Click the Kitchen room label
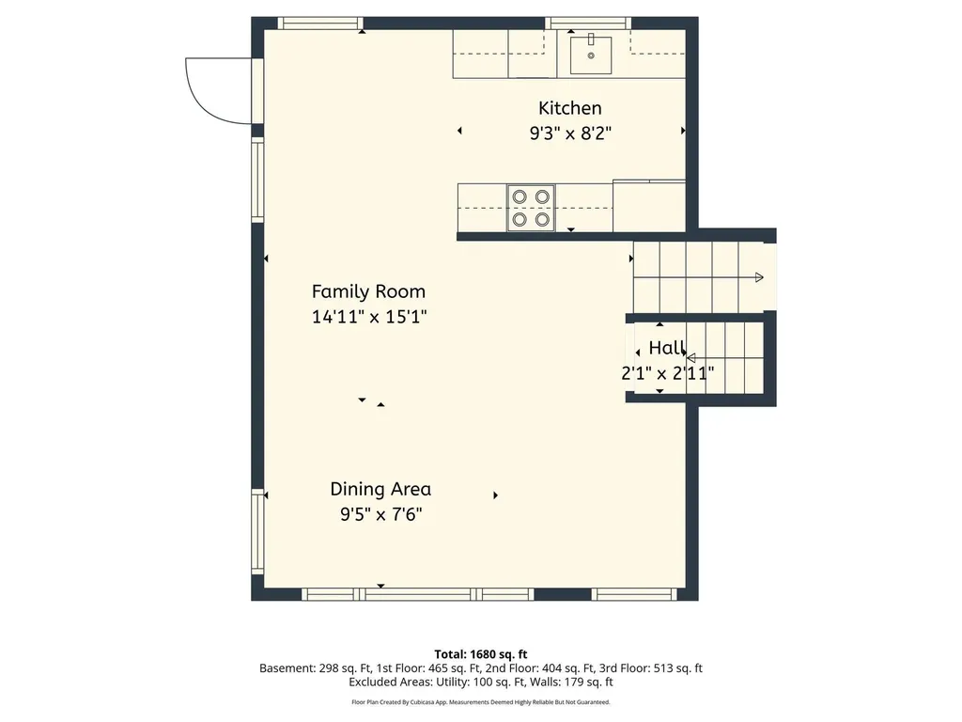[x=570, y=108]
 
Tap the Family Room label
[x=368, y=291]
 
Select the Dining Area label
[x=380, y=489]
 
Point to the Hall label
[x=667, y=348]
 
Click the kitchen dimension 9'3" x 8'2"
[x=570, y=133]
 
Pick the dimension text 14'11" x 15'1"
[x=369, y=317]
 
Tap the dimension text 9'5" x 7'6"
[x=381, y=514]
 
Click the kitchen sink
[x=591, y=55]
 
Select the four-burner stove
[x=531, y=208]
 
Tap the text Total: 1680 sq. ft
[x=481, y=654]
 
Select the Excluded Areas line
[x=481, y=683]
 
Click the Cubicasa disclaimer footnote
[x=481, y=702]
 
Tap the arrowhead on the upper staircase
[x=759, y=277]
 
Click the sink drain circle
[x=591, y=55]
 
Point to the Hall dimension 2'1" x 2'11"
[x=668, y=373]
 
